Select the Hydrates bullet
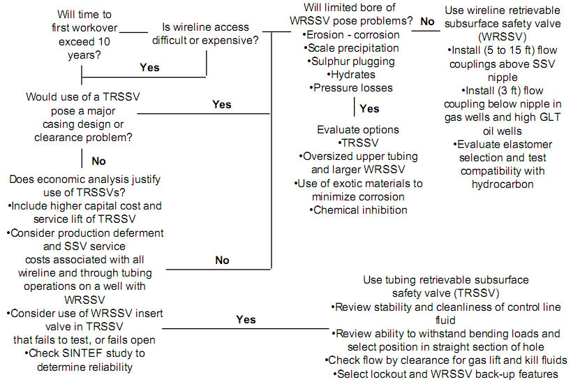[x=351, y=75]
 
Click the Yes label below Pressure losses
[x=369, y=108]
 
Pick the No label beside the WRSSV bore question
[x=427, y=21]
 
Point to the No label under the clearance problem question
[x=98, y=161]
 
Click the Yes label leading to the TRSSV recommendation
[x=246, y=319]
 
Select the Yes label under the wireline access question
[x=150, y=67]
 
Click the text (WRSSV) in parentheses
[x=503, y=37]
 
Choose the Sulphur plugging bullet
[x=351, y=61]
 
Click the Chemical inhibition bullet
[x=359, y=210]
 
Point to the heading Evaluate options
[x=358, y=130]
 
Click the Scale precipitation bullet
[x=351, y=48]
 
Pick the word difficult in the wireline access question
[x=169, y=41]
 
